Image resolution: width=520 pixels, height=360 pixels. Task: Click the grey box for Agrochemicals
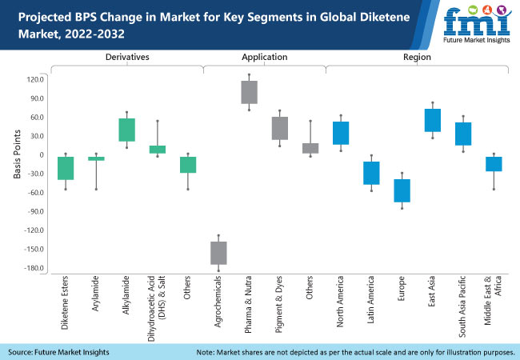pyautogui.click(x=218, y=253)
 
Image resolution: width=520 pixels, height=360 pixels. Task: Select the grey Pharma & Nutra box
pyautogui.click(x=250, y=92)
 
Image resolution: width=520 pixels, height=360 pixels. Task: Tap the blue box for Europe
pyautogui.click(x=402, y=190)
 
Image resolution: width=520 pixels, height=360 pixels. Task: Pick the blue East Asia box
pyautogui.click(x=433, y=120)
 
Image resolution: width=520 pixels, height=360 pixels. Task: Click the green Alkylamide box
pyautogui.click(x=127, y=130)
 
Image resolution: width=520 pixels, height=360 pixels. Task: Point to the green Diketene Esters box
pyautogui.click(x=66, y=168)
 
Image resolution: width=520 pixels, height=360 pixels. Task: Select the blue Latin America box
pyautogui.click(x=372, y=173)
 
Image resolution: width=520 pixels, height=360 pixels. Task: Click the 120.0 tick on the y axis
pyautogui.click(x=34, y=79)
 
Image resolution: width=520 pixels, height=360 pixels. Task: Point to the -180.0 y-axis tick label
pyautogui.click(x=33, y=268)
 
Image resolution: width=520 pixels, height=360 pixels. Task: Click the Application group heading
pyautogui.click(x=264, y=58)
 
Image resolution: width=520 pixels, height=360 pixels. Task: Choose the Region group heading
pyautogui.click(x=417, y=58)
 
